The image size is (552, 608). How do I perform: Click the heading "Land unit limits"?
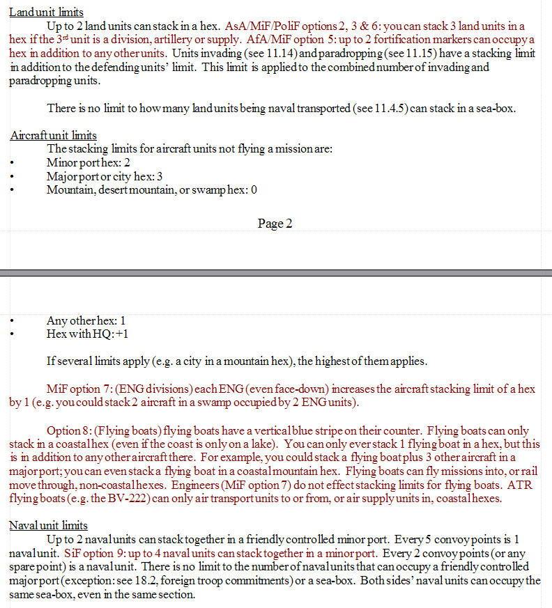[47, 13]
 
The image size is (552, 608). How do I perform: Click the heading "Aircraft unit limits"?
[53, 135]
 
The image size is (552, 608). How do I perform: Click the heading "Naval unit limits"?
[48, 524]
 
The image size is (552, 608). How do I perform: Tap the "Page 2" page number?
[275, 224]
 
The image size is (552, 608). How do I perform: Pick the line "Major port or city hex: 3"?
[103, 176]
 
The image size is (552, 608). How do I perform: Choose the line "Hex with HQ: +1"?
[86, 334]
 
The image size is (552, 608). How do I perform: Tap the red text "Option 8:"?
[69, 431]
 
